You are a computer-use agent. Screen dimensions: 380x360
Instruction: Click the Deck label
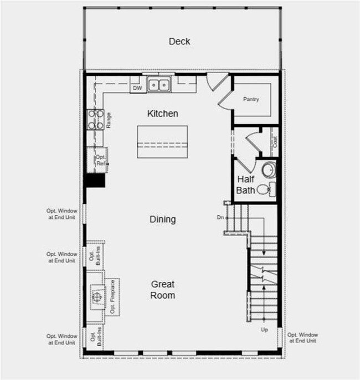pos(179,41)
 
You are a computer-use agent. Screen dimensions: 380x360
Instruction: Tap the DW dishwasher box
pos(137,88)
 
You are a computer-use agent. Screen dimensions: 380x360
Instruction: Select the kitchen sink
pos(158,85)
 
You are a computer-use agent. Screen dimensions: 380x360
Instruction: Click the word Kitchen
pos(163,114)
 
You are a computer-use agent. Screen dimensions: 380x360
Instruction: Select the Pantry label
pos(251,99)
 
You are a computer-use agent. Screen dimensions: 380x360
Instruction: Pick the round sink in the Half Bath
pos(268,170)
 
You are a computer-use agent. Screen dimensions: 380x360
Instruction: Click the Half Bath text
pos(246,185)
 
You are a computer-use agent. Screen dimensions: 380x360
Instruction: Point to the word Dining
pos(163,219)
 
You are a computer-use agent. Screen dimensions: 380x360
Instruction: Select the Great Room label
pos(163,290)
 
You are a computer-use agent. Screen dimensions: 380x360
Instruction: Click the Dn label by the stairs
pos(220,218)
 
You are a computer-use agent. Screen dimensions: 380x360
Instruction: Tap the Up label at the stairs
pos(264,330)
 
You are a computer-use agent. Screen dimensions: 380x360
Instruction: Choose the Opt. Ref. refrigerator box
pos(99,160)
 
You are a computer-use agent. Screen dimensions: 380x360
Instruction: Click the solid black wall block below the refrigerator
pos(95,181)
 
